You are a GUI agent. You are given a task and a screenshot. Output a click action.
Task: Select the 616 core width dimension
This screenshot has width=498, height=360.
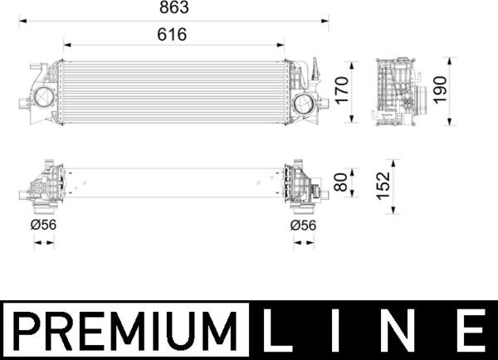tap(173, 35)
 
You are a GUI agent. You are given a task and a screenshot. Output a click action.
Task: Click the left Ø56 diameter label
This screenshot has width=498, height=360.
tap(44, 224)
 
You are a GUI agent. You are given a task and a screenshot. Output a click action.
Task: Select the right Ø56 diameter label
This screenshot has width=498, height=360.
tap(304, 224)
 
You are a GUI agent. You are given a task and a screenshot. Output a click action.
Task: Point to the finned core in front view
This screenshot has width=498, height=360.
tap(173, 91)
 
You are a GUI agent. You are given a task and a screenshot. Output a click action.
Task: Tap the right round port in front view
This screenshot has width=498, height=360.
tap(305, 105)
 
